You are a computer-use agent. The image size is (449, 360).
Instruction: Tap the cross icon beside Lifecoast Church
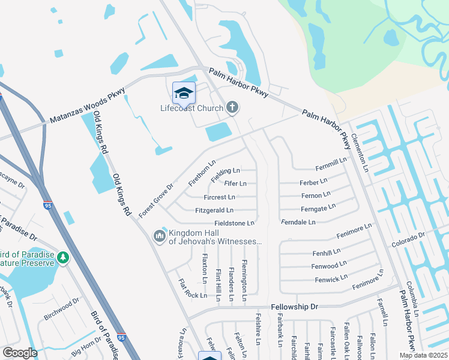click(x=232, y=108)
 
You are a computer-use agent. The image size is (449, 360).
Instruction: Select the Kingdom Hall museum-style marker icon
click(x=159, y=236)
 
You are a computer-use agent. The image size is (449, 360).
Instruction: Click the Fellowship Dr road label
click(x=294, y=307)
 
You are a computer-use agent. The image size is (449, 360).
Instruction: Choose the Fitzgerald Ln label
click(x=214, y=211)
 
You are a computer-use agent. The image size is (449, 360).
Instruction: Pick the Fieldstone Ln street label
click(x=235, y=223)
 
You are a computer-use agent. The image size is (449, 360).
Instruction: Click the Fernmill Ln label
click(x=331, y=161)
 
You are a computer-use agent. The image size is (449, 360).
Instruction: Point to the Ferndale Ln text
click(x=298, y=222)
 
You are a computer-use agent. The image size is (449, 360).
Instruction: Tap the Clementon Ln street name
click(x=358, y=152)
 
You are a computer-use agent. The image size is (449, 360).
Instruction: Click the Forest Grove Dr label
click(x=155, y=200)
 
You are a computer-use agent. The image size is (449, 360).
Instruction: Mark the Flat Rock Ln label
click(x=192, y=289)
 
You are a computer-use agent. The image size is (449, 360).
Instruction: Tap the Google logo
click(x=20, y=353)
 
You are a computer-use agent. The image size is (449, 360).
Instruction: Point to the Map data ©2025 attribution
click(x=424, y=355)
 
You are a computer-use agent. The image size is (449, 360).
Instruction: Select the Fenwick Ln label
click(x=331, y=279)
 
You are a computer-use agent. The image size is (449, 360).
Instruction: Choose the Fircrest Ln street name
click(x=219, y=197)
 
